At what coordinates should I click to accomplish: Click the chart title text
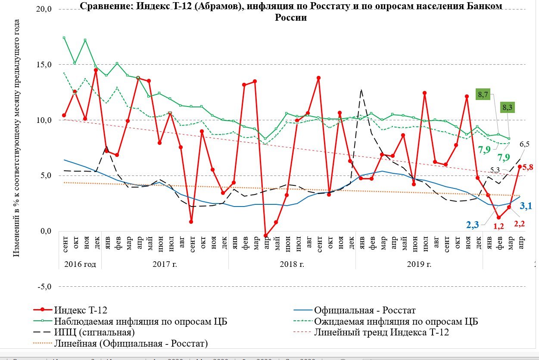coord(291,12)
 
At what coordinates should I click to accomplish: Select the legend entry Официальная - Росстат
coord(365,310)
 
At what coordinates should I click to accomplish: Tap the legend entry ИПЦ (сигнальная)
coord(94,332)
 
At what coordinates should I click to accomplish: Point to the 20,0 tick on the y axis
coord(44,9)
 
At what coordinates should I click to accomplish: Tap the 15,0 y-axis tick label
coord(44,65)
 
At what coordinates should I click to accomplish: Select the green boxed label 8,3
coord(507,107)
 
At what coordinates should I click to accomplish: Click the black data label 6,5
coord(524,144)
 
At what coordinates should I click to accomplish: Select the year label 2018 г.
coord(292,264)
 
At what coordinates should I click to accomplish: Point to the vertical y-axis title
coord(16,139)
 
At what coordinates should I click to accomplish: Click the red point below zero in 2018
coord(266,236)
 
